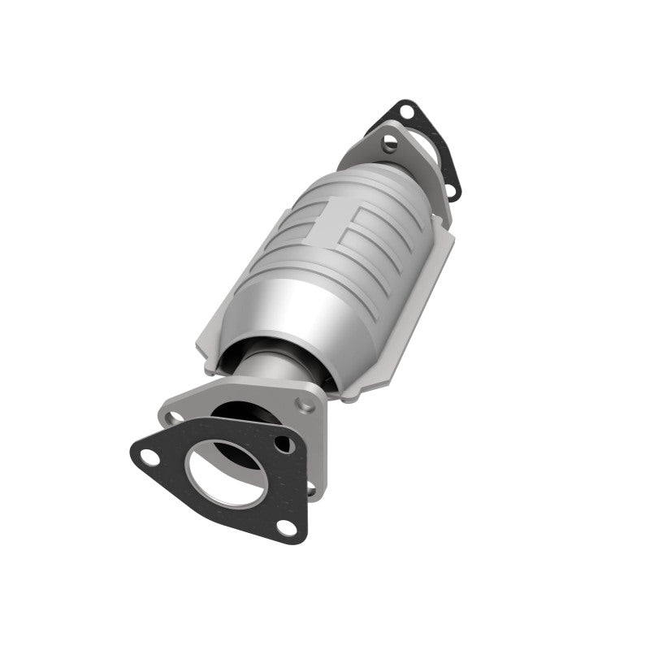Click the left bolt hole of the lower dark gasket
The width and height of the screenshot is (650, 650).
coord(149,457)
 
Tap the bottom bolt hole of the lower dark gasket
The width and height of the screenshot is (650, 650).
coord(285,526)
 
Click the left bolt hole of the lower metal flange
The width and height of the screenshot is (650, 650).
coord(172,418)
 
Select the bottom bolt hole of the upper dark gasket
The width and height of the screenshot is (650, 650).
coord(452,191)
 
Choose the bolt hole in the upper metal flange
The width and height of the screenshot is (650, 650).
coord(391,144)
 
